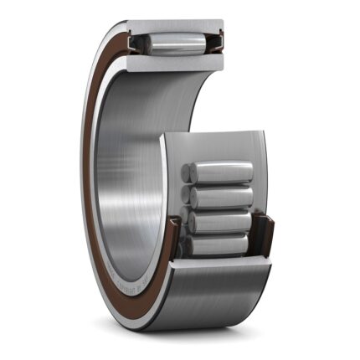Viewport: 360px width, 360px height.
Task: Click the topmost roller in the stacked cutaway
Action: (x=219, y=172)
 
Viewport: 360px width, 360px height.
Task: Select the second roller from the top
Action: (x=219, y=197)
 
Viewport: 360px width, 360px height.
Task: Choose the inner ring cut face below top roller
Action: (x=176, y=60)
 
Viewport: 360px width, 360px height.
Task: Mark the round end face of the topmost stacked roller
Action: (x=188, y=173)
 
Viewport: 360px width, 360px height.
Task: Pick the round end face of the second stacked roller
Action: (x=188, y=198)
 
